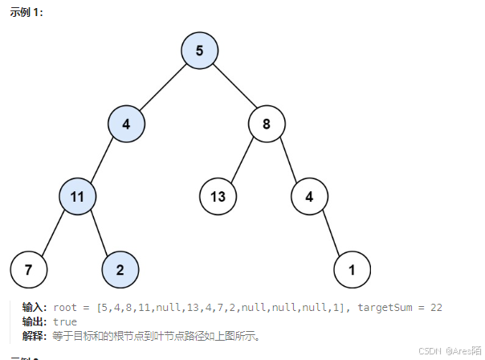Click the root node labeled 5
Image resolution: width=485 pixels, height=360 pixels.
(200, 51)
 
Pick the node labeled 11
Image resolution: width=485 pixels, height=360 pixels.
(78, 195)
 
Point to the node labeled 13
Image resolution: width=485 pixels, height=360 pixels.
(218, 195)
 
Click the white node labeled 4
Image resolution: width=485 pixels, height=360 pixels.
(309, 195)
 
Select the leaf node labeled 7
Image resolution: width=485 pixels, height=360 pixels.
(29, 269)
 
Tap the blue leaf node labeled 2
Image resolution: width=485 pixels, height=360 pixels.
(120, 269)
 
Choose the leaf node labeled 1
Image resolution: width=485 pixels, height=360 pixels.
(352, 269)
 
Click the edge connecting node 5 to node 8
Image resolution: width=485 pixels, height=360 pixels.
(234, 87)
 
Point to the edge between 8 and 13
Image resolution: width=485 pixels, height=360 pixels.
(243, 160)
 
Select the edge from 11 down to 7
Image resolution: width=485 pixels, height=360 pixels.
(53, 232)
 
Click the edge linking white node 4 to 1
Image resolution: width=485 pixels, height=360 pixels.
(331, 232)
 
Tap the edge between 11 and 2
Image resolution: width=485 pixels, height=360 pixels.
(99, 232)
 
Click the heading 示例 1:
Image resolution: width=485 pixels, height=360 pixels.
(26, 13)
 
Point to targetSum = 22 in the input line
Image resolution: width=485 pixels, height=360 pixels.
(400, 308)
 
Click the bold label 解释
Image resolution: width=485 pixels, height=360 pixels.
(35, 335)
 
